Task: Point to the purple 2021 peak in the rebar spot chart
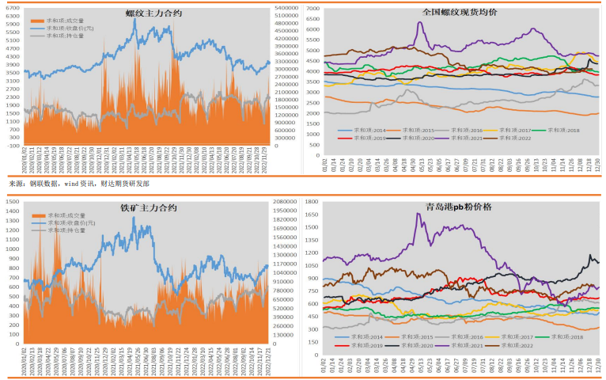pyautogui.click(x=419, y=22)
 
